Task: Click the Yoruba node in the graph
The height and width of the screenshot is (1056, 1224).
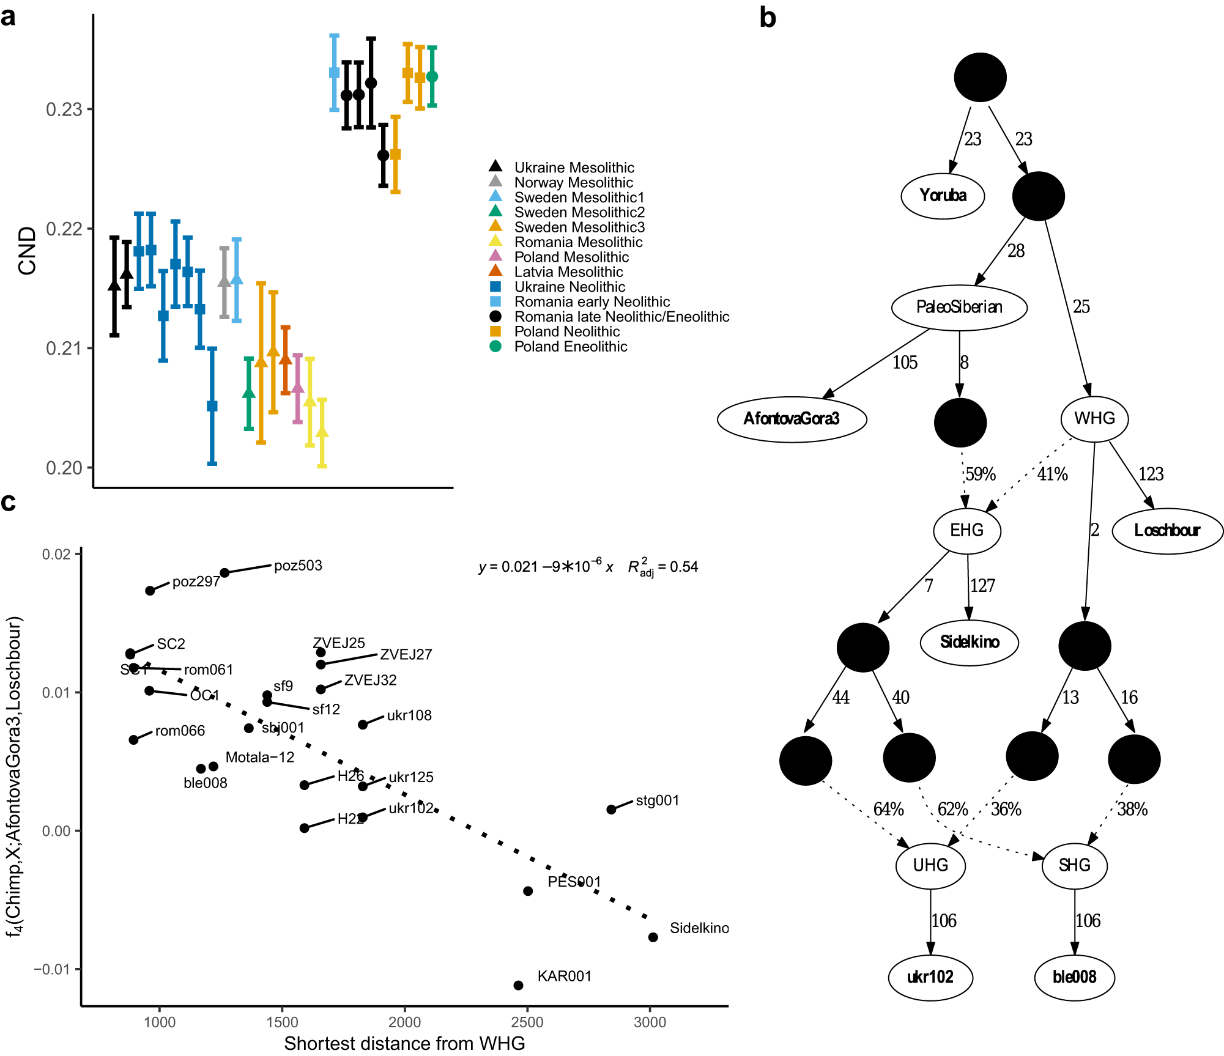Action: pos(943,196)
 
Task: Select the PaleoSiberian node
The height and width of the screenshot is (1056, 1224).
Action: pos(959,308)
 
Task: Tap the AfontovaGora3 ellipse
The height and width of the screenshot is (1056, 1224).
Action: pos(792,419)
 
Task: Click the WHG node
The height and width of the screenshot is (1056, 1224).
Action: pos(1094,419)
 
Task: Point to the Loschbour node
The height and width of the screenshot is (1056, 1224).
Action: pos(1167,531)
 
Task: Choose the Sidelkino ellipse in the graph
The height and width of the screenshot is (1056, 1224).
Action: pos(970,642)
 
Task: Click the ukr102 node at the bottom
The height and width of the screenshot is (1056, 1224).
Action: pos(930,977)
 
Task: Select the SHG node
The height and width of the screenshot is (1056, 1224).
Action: pos(1074,865)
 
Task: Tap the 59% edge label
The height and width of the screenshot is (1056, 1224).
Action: pos(981,474)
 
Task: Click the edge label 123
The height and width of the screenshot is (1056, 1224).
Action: pos(1151,474)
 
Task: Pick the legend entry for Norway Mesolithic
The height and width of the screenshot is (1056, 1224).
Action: pos(573,182)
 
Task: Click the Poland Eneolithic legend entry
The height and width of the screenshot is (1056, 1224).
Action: pos(570,347)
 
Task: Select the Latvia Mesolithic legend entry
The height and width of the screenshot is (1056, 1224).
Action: pos(568,272)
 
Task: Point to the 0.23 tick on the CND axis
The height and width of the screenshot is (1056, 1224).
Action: pos(64,109)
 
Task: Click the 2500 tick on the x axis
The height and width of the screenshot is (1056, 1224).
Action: pos(527,1022)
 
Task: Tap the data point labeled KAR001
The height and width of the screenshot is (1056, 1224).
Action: pos(518,985)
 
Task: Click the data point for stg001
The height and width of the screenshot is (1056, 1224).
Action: pos(611,810)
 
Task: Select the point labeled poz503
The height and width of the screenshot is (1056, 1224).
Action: pos(224,573)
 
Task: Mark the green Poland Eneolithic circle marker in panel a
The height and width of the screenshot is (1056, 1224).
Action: pos(432,76)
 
